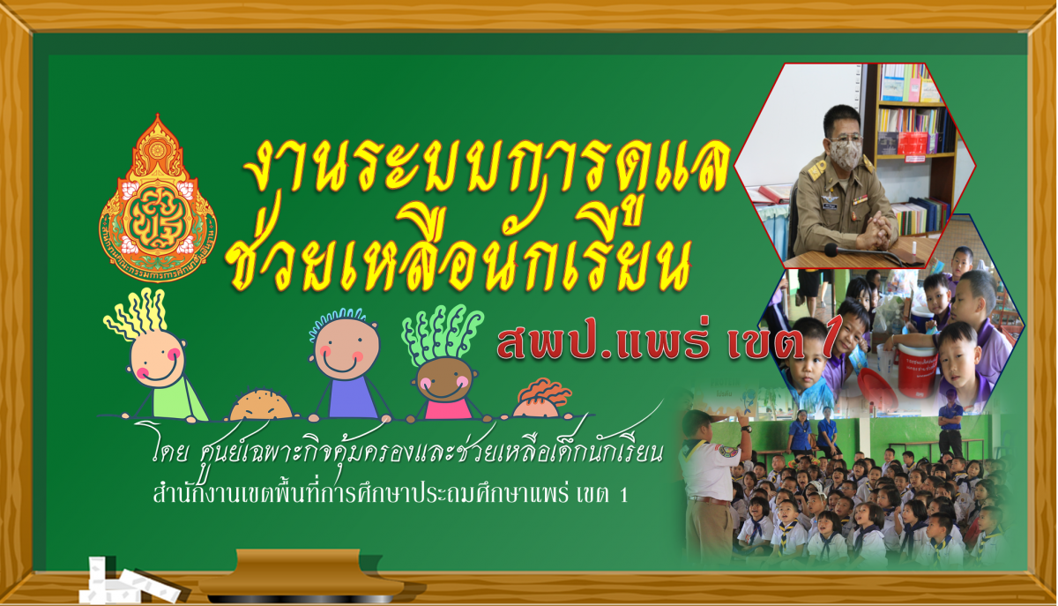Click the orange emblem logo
point(158,198)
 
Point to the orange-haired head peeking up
point(540,400)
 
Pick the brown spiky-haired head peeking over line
point(261,405)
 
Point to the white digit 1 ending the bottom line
point(623,495)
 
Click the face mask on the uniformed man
point(845,154)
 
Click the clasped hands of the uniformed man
point(877,231)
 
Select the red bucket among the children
point(917,370)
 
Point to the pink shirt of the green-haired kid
point(448,408)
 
